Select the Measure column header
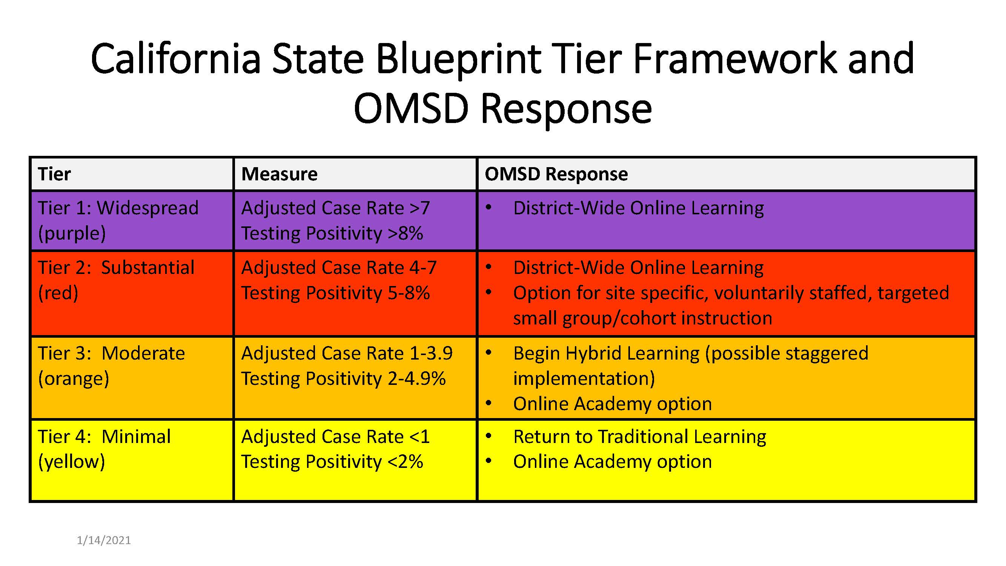[x=279, y=174]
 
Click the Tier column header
[x=54, y=174]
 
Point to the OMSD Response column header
[x=556, y=174]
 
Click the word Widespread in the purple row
[x=147, y=208]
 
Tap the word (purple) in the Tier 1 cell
[x=72, y=233]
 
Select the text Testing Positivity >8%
[x=332, y=233]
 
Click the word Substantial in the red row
[x=147, y=268]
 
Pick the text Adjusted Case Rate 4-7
[x=339, y=268]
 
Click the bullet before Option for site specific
[x=488, y=292]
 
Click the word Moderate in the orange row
[x=143, y=353]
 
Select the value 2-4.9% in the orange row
[x=417, y=378]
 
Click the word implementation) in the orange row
[x=584, y=378]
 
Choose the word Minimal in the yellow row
[x=136, y=436]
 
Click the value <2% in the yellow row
[x=405, y=461]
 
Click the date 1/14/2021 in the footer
[x=104, y=540]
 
